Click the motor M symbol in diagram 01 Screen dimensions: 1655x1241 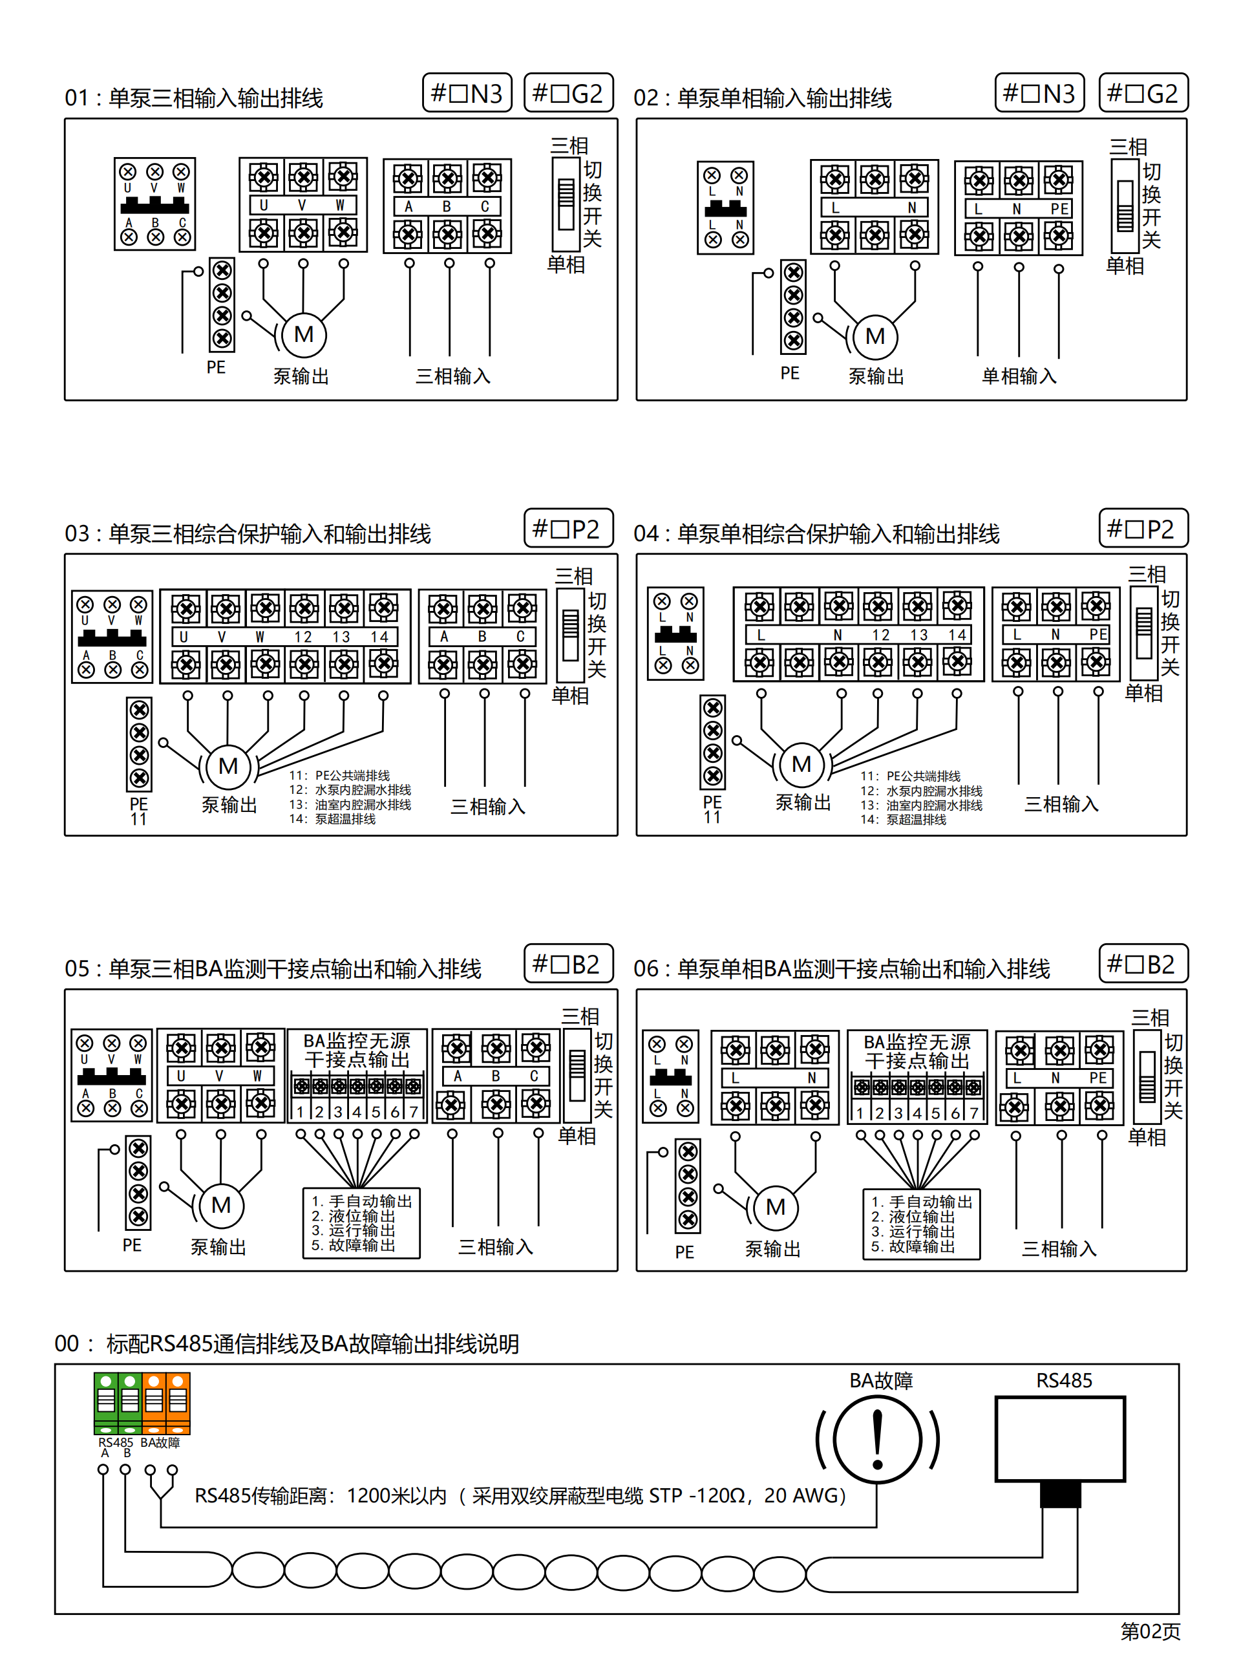(x=303, y=334)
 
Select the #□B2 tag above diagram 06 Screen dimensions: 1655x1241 (x=1142, y=964)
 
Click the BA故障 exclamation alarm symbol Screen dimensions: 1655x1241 (x=878, y=1440)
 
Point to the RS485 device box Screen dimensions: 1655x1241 (x=1059, y=1438)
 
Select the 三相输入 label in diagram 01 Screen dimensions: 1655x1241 (x=452, y=376)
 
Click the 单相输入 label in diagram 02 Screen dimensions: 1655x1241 (x=1019, y=376)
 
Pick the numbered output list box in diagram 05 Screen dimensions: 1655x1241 (x=361, y=1223)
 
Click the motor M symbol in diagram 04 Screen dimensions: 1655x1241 (x=801, y=765)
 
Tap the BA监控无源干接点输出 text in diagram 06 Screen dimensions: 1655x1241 (x=917, y=1051)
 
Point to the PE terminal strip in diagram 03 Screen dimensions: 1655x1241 (x=139, y=743)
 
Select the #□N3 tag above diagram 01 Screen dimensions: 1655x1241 (x=467, y=94)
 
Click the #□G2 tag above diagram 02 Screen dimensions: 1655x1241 (x=1142, y=94)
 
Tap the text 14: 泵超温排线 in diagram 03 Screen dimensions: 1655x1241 (x=332, y=819)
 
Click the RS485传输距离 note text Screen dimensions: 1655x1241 (x=520, y=1495)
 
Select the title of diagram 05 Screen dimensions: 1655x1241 (x=273, y=969)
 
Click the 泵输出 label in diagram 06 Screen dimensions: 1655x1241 (x=773, y=1249)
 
